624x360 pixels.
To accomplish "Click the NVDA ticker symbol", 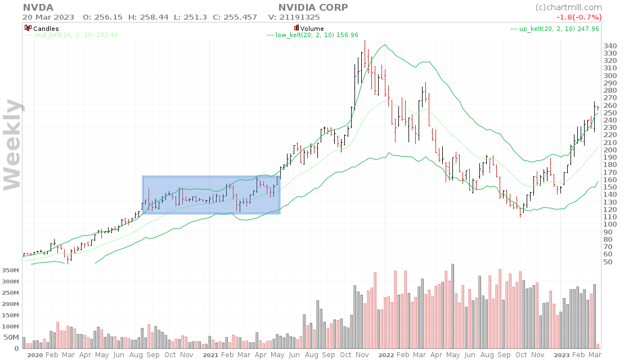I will click(x=38, y=7).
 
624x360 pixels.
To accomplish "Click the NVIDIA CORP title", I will click(x=313, y=7).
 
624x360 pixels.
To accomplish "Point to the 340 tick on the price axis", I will click(x=609, y=46).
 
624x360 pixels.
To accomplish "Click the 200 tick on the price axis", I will click(x=609, y=150).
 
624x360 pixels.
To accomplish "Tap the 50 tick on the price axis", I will click(x=607, y=262).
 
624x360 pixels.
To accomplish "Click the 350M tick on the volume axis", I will click(x=10, y=271).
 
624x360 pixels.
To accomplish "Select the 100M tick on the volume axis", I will click(x=10, y=326).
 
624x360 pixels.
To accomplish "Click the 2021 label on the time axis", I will click(x=210, y=355).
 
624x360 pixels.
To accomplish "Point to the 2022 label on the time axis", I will click(x=385, y=355).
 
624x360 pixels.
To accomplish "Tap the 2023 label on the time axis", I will click(x=561, y=355).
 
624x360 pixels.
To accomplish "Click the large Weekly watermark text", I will click(x=13, y=144).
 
